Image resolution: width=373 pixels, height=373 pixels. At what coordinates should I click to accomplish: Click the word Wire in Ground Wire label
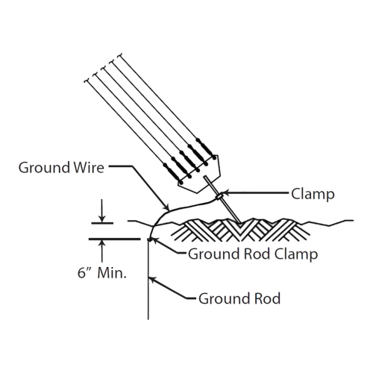pos(89,167)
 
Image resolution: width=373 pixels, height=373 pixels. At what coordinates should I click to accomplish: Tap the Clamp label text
pos(313,194)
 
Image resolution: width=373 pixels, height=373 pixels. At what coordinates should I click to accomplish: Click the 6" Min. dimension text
pos(102,273)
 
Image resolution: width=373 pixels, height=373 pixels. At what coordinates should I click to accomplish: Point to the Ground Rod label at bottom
pos(239,298)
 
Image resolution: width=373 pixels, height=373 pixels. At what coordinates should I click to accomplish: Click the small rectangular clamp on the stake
pos(219,197)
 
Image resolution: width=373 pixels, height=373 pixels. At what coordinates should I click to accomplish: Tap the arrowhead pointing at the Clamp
pos(225,193)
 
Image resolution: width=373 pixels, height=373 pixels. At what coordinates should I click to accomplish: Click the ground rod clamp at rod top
pos(149,239)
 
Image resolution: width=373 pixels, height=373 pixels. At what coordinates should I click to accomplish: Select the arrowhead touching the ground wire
pos(166,207)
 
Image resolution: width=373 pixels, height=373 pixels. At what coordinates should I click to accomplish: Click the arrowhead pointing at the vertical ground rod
pos(151,280)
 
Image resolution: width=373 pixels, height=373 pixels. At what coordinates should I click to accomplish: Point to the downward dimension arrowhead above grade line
pos(101,219)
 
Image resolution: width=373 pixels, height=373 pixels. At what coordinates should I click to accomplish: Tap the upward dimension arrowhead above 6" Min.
pos(101,244)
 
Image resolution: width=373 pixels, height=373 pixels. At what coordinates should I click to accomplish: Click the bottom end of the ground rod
pos(148,319)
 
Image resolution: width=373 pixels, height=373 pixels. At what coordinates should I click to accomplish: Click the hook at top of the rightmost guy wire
pos(120,55)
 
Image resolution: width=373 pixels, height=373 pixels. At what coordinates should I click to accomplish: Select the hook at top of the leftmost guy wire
pos(87,81)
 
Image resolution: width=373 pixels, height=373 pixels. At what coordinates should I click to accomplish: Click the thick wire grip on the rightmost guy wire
pos(205,147)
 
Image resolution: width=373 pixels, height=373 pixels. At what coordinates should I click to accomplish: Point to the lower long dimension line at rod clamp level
pos(115,239)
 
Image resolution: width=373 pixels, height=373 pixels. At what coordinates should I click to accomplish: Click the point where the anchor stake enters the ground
pos(240,223)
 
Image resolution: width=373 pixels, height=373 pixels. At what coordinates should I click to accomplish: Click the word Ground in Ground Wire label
pos(44,167)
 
